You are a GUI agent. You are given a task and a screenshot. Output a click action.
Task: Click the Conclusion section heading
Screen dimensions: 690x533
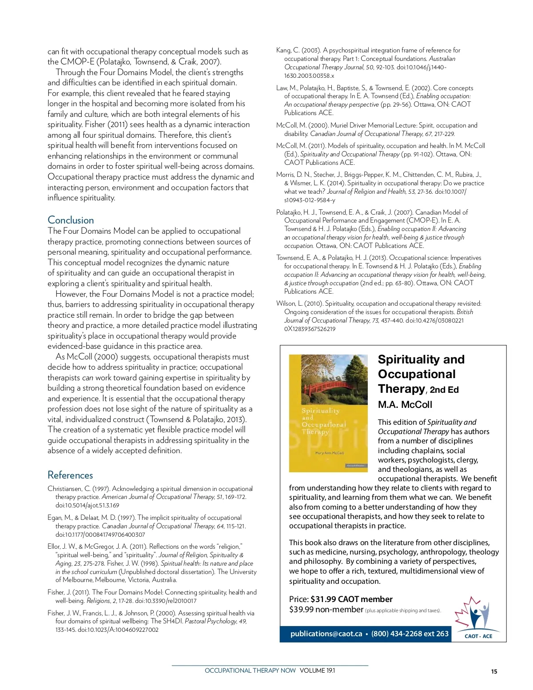click(x=71, y=220)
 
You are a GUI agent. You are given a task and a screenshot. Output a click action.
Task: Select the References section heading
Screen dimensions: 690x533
click(x=70, y=475)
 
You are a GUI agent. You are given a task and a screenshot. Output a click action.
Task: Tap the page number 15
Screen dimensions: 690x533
click(x=494, y=671)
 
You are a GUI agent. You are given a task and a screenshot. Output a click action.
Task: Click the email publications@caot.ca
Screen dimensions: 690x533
click(x=326, y=634)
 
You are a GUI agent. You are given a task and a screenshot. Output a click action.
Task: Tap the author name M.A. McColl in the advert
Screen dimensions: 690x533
click(x=405, y=404)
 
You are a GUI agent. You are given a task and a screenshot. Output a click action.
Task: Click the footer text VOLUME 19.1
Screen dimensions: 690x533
click(x=317, y=670)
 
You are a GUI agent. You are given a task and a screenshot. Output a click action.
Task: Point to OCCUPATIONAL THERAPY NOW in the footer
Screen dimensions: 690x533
click(x=250, y=670)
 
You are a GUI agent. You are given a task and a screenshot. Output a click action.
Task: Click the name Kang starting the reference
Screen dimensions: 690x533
click(x=283, y=50)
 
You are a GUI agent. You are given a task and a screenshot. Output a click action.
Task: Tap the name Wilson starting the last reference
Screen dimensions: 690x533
click(x=285, y=303)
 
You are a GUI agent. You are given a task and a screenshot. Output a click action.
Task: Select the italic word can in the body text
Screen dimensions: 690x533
click(x=88, y=378)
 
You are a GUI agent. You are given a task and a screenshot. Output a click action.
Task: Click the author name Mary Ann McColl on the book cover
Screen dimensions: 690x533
click(x=329, y=453)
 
